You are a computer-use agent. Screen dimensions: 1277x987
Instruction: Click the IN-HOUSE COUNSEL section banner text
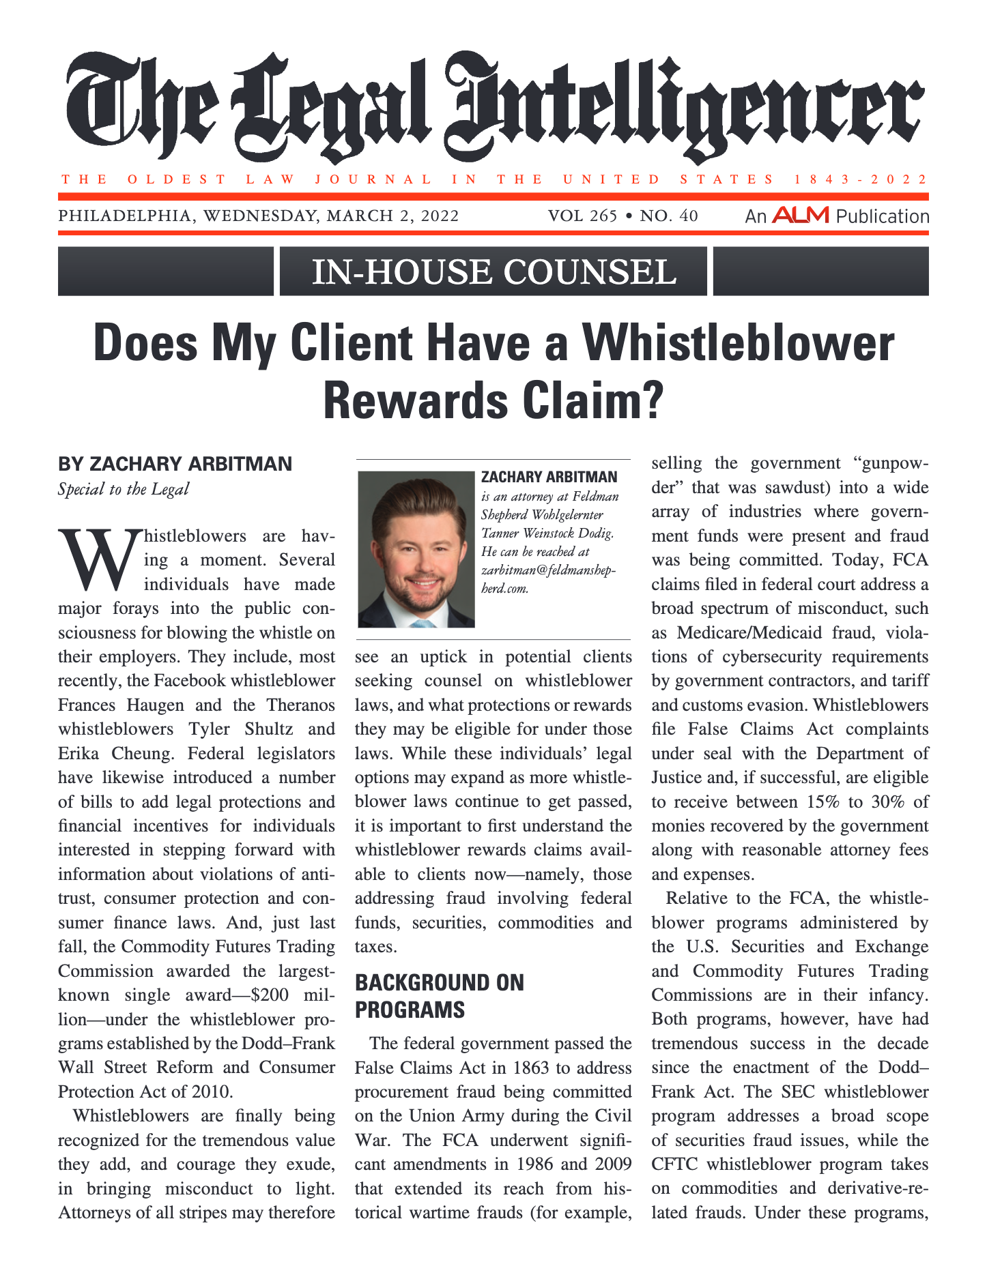[493, 271]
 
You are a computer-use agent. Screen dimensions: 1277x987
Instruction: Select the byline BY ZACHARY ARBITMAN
[175, 464]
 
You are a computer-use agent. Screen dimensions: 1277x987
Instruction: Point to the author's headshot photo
[416, 548]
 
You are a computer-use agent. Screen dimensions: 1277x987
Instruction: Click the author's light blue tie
[421, 621]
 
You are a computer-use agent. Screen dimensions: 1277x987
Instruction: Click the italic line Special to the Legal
[124, 489]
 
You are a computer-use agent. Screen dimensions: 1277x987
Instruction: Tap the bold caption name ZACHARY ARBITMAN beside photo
[549, 477]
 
